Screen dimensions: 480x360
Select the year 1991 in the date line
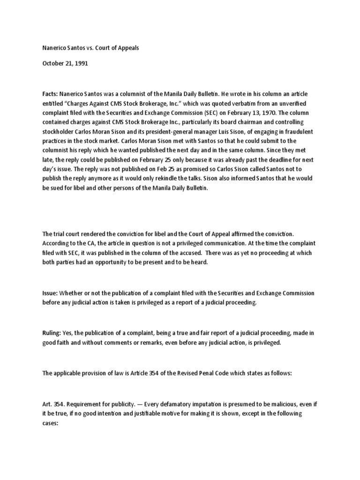(x=80, y=64)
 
